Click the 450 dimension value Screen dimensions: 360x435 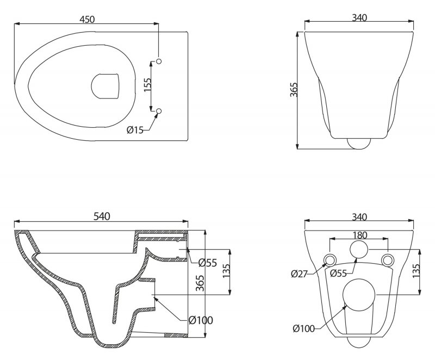point(87,19)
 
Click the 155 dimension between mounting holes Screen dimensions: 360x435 point(147,85)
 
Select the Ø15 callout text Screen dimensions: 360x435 point(134,129)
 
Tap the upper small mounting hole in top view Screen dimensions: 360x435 point(159,61)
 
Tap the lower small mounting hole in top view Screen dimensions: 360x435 point(159,111)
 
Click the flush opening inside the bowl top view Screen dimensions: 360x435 point(104,86)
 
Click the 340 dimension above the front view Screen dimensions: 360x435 point(359,17)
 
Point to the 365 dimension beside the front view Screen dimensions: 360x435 point(293,90)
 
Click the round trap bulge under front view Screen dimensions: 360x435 point(359,144)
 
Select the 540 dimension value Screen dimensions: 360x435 point(102,216)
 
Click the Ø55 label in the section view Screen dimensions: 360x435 point(208,263)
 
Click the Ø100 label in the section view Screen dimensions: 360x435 point(201,320)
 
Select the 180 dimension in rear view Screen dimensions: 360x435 point(359,235)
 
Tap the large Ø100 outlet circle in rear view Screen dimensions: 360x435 point(360,295)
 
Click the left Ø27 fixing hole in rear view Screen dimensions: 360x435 point(330,259)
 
